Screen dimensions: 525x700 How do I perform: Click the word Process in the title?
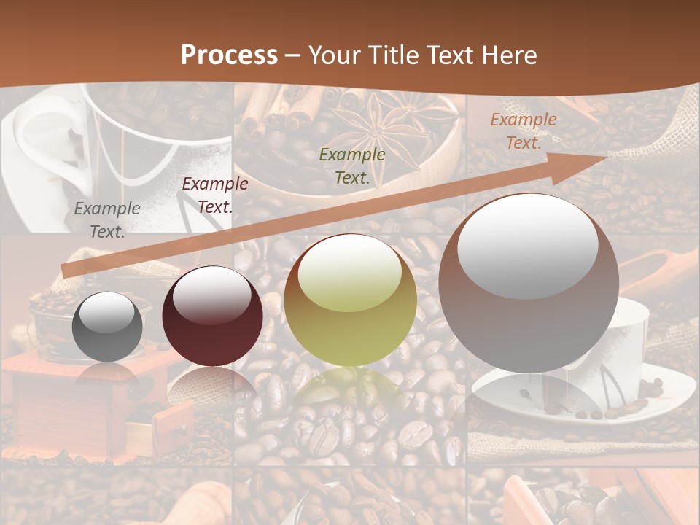click(x=229, y=55)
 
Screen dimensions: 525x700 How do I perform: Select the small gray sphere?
click(x=107, y=327)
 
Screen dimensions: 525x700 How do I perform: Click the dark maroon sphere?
click(x=212, y=316)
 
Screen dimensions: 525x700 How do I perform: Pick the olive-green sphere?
click(x=350, y=300)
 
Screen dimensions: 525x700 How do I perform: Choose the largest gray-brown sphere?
click(x=529, y=283)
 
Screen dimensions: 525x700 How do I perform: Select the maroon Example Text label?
click(x=214, y=195)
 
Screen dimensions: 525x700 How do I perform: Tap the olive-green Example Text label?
click(x=352, y=166)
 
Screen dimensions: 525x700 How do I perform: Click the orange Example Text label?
click(x=523, y=131)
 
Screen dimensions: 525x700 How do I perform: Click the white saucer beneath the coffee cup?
click(x=554, y=401)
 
